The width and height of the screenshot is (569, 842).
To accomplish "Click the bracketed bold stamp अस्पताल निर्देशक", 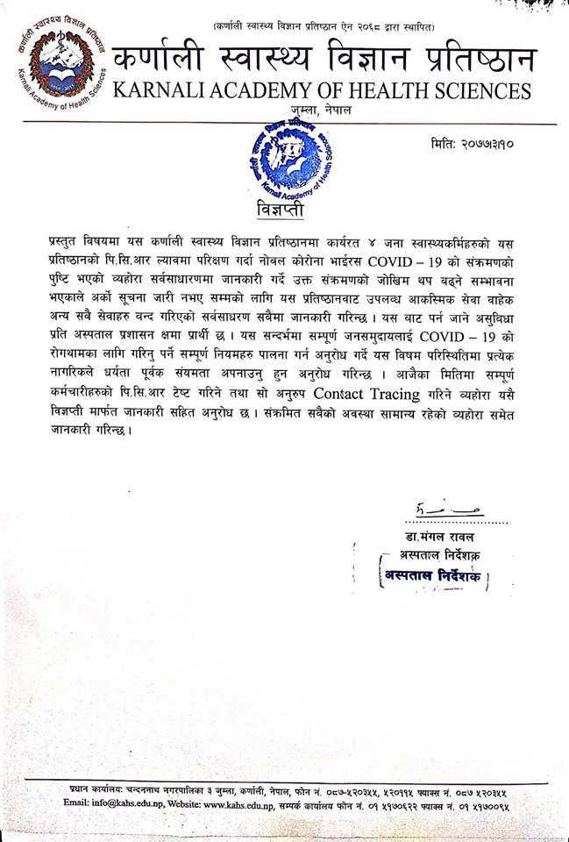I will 434,576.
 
